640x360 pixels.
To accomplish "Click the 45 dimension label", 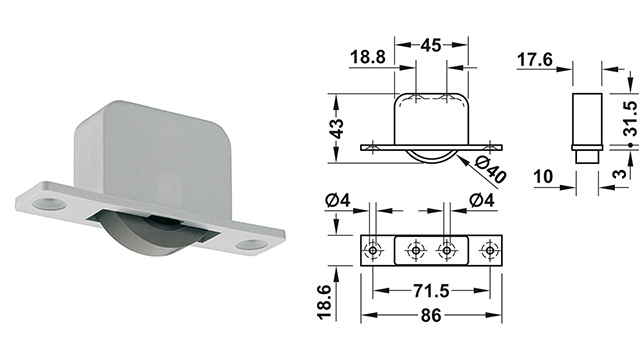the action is [x=431, y=45].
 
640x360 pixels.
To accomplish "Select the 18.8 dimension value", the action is [x=368, y=57].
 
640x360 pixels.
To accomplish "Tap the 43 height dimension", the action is [x=337, y=129].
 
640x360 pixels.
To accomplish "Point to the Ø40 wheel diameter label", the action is [x=491, y=170].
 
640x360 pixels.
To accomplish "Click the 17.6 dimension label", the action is [x=535, y=60].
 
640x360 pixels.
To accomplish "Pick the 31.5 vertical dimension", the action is [x=631, y=118].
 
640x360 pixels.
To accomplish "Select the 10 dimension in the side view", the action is [x=543, y=177].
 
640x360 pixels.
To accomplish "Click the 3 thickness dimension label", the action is [x=620, y=173].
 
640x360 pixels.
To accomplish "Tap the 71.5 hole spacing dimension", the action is [x=431, y=291].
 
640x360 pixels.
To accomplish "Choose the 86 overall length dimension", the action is [x=431, y=315].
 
